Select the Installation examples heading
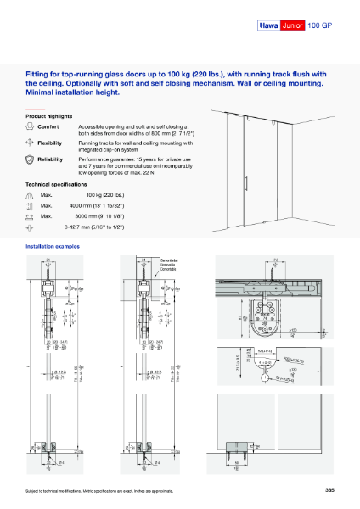click(x=53, y=246)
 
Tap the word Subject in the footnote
click(x=35, y=491)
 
